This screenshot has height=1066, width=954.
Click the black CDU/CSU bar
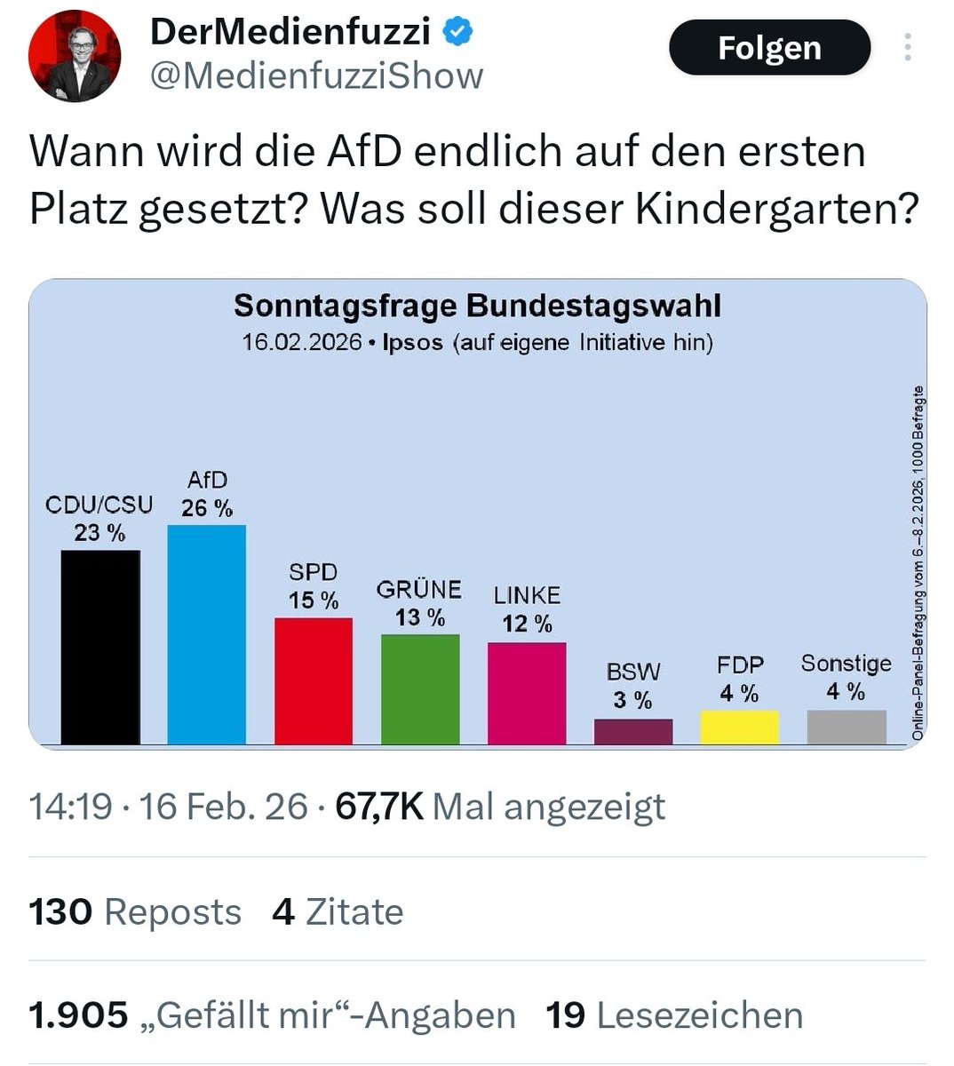point(100,647)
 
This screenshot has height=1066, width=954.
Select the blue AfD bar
point(207,634)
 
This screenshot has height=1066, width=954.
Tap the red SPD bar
point(314,680)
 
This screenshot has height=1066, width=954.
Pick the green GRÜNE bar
point(420,688)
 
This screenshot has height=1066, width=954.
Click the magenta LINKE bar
point(527,693)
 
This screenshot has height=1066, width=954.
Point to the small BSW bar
point(633,731)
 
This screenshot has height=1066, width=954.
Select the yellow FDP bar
point(740,727)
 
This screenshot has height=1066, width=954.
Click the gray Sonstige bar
point(847,727)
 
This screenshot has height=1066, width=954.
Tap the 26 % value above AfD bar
point(207,508)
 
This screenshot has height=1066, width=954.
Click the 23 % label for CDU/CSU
point(99,533)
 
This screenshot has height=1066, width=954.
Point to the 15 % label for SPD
point(314,601)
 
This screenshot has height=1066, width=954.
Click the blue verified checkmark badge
point(458,33)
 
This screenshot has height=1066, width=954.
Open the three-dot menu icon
point(907,47)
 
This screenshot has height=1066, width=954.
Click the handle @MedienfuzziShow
point(317,76)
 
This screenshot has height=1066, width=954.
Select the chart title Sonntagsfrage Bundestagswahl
point(477,306)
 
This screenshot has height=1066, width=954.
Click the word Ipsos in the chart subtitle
point(412,343)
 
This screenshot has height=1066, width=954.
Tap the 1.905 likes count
point(78,1015)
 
